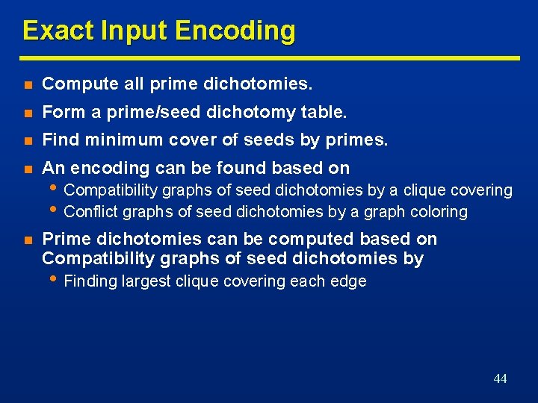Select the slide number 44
click(500, 379)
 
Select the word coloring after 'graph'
click(437, 212)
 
